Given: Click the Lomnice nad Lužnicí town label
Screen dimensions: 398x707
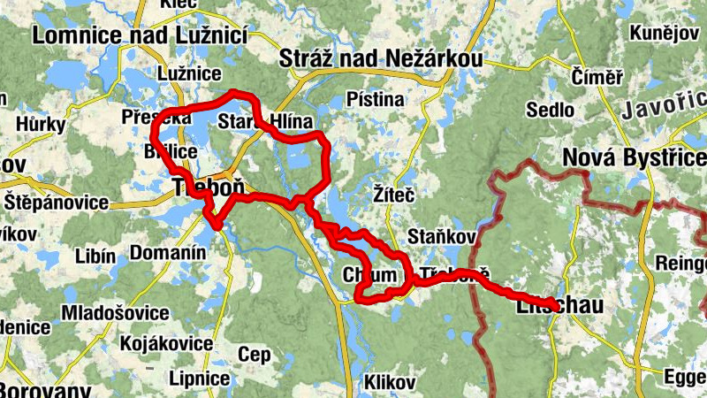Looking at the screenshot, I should [141, 35].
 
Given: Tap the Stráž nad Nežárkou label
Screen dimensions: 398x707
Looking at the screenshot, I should [381, 59].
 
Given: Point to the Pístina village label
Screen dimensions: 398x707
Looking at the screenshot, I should [376, 99].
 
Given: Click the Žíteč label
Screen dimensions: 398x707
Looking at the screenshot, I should [390, 190].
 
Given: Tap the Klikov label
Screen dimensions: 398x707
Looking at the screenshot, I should [389, 383].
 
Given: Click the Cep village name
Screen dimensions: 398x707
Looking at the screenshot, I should [255, 355].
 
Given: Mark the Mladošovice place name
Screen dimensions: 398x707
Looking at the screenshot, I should [115, 313].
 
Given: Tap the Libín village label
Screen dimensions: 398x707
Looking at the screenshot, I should [96, 257].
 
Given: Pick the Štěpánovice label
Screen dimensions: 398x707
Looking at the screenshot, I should [58, 203].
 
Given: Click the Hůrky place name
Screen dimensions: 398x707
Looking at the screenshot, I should [34, 125].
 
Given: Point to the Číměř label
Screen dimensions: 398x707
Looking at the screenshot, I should [597, 76].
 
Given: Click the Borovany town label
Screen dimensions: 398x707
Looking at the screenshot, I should [44, 389].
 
